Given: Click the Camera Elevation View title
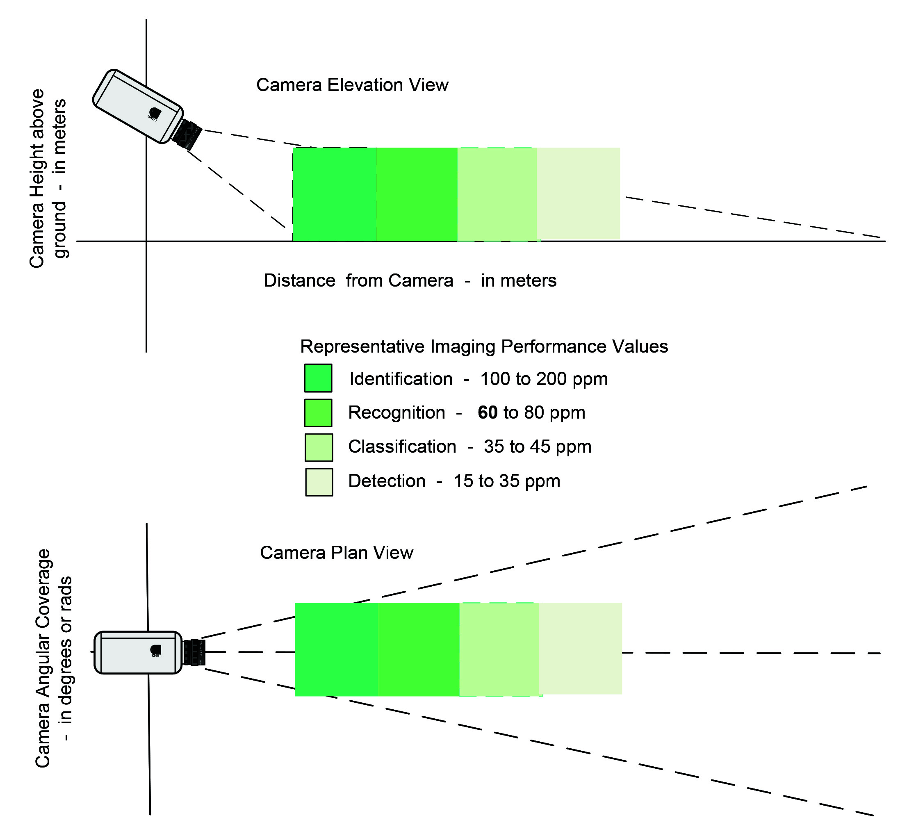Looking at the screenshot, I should (x=352, y=85).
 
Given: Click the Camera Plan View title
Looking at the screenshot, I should (x=337, y=553).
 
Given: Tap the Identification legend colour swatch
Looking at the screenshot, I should (x=318, y=378).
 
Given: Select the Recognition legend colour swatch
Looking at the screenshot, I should (x=318, y=412).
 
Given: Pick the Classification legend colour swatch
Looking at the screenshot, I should (x=319, y=447).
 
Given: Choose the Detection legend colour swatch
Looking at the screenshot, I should (x=319, y=482).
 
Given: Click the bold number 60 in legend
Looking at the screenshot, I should (x=488, y=412).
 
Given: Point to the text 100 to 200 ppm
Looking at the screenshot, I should (x=544, y=379).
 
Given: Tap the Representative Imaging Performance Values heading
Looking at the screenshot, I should (x=484, y=346).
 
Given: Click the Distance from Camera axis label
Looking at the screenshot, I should (x=410, y=280).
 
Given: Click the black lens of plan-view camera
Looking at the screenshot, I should (x=194, y=652).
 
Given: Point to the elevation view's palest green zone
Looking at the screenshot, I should (x=578, y=193).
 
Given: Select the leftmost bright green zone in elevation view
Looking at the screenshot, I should (x=334, y=194).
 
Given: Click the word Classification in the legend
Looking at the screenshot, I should (x=402, y=446).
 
